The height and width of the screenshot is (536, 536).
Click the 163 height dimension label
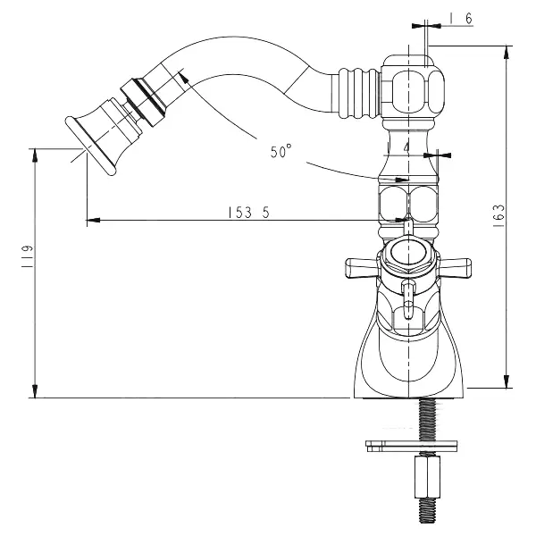[499, 215]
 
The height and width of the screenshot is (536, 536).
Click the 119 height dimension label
[28, 256]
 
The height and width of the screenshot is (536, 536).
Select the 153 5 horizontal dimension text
[248, 213]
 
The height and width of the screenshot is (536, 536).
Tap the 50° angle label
[281, 151]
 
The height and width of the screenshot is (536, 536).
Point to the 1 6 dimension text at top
[461, 19]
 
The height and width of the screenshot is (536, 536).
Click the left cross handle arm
[361, 268]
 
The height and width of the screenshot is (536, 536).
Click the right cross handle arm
[455, 268]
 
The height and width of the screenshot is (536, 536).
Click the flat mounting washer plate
[411, 446]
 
